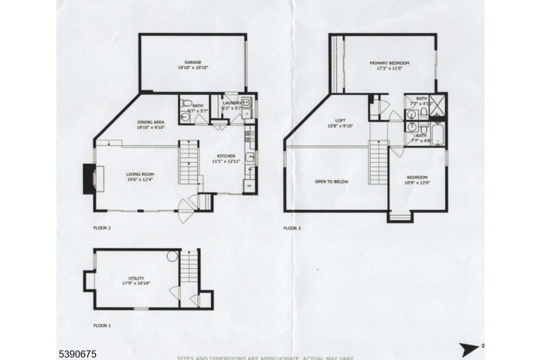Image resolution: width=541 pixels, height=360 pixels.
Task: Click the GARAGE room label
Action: [x=192, y=62]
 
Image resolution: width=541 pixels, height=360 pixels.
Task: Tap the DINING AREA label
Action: [x=151, y=121]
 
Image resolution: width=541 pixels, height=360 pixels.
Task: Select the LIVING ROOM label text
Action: [x=141, y=175]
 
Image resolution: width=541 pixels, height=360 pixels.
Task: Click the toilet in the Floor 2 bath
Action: [x=185, y=104]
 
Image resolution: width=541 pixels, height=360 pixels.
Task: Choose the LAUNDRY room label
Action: [x=233, y=103]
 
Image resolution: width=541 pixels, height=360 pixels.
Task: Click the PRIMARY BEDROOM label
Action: [x=389, y=63]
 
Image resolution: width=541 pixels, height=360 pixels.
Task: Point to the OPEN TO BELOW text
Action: [x=330, y=182]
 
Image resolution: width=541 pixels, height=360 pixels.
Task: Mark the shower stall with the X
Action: [x=438, y=104]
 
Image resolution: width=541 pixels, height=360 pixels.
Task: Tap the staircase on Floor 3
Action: [x=378, y=162]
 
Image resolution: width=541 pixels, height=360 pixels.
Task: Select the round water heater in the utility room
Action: [x=172, y=258]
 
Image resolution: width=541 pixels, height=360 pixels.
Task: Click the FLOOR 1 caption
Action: [x=102, y=326]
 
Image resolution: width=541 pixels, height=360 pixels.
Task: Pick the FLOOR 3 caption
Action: [x=293, y=228]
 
